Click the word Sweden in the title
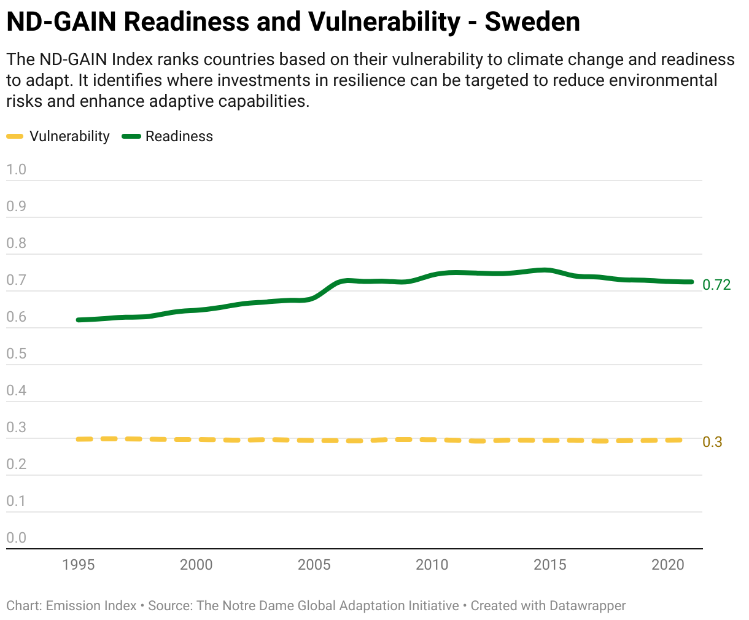[532, 21]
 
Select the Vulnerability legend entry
[58, 136]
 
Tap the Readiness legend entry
[168, 136]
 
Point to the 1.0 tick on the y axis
[16, 169]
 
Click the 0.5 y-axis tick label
[16, 354]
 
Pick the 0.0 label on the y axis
[16, 538]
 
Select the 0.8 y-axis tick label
[16, 243]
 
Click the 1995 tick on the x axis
[79, 565]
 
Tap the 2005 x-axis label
[314, 565]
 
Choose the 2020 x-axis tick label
[668, 565]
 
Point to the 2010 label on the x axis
[432, 565]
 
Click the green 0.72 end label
[716, 285]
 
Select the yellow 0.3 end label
[712, 442]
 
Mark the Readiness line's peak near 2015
[546, 270]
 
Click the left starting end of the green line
[78, 320]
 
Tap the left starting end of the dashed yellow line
[78, 439]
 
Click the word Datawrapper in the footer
[588, 605]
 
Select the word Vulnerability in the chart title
[384, 22]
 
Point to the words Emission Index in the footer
[91, 605]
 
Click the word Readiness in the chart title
[187, 21]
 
